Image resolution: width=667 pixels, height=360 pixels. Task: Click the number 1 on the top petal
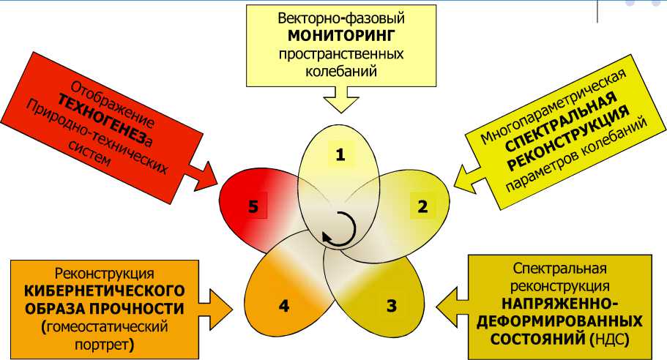point(340,154)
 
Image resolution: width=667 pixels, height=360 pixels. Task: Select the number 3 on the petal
point(392,305)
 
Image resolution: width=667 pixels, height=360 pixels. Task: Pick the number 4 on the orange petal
point(283,305)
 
